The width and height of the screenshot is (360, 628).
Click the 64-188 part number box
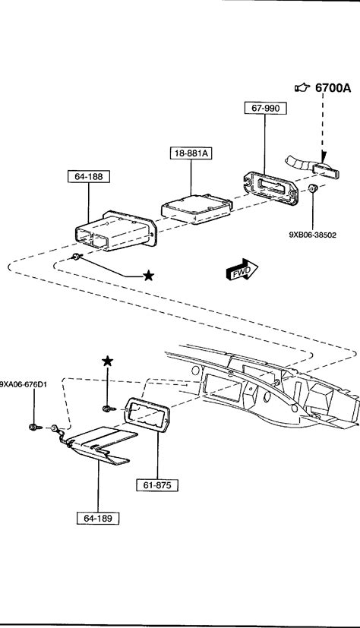[x=88, y=177]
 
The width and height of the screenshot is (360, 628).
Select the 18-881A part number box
[x=191, y=153]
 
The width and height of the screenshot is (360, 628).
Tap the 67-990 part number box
[x=266, y=108]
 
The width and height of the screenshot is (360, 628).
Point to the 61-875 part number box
[x=157, y=485]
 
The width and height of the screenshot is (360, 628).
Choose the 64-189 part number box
[x=98, y=518]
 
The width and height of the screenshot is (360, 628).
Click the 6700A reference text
[x=333, y=88]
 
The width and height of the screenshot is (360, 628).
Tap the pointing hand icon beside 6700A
[x=302, y=87]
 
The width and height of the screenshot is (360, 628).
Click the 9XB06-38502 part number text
[x=313, y=235]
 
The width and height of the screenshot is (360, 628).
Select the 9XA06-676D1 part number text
[x=24, y=385]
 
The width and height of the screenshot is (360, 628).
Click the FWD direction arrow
[x=242, y=269]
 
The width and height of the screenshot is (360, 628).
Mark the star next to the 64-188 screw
[x=149, y=275]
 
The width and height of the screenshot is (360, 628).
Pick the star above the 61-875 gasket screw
[x=107, y=361]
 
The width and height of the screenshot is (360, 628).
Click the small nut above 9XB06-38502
[x=313, y=188]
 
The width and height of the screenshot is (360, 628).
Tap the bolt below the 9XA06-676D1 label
[x=35, y=428]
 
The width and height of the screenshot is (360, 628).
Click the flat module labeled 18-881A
[x=196, y=209]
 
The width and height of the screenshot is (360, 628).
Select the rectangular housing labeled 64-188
[x=115, y=231]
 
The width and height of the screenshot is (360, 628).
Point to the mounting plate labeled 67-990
[x=271, y=188]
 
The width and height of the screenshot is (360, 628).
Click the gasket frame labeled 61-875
[x=148, y=415]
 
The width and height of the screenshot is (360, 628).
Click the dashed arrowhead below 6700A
[x=324, y=156]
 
